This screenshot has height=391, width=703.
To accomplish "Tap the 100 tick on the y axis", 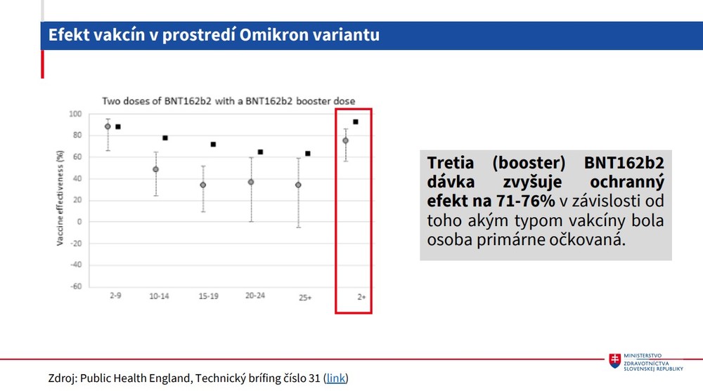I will point(75,114).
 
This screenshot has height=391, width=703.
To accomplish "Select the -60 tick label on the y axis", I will point(75,286).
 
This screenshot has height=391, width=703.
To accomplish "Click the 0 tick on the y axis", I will point(79,222).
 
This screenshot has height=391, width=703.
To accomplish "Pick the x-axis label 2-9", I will point(115,296).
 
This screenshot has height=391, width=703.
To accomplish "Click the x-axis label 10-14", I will point(159,296).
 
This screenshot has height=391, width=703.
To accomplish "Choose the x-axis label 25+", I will point(304,298).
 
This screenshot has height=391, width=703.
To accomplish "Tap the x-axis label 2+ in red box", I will point(361,298).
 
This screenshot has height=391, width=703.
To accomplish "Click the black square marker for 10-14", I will point(165,138).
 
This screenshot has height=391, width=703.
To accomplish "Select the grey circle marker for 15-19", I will point(203,185).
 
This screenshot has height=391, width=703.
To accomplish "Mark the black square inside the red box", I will point(356,121).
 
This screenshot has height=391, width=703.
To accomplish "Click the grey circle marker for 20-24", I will point(251,182).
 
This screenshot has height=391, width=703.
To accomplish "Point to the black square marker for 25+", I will point(308,153).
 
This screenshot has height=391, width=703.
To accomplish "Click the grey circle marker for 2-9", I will point(108,126).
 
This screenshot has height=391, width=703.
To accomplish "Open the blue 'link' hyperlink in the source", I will point(336,378).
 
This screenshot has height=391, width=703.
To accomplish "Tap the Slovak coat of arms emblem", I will point(615,360).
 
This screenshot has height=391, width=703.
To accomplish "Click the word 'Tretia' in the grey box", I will point(452,163).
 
